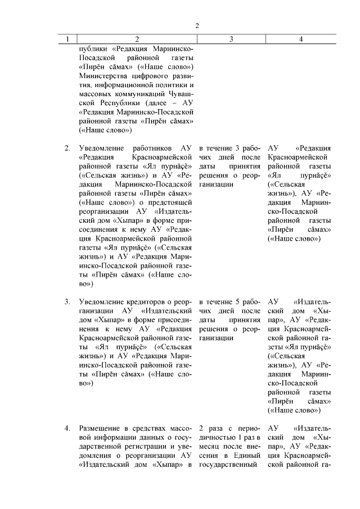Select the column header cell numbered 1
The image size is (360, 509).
click(67, 39)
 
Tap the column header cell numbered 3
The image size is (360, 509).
click(231, 39)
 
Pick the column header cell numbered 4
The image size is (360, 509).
click(301, 39)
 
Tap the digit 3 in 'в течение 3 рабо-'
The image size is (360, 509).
click(237, 148)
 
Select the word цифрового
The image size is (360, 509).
click(146, 77)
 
